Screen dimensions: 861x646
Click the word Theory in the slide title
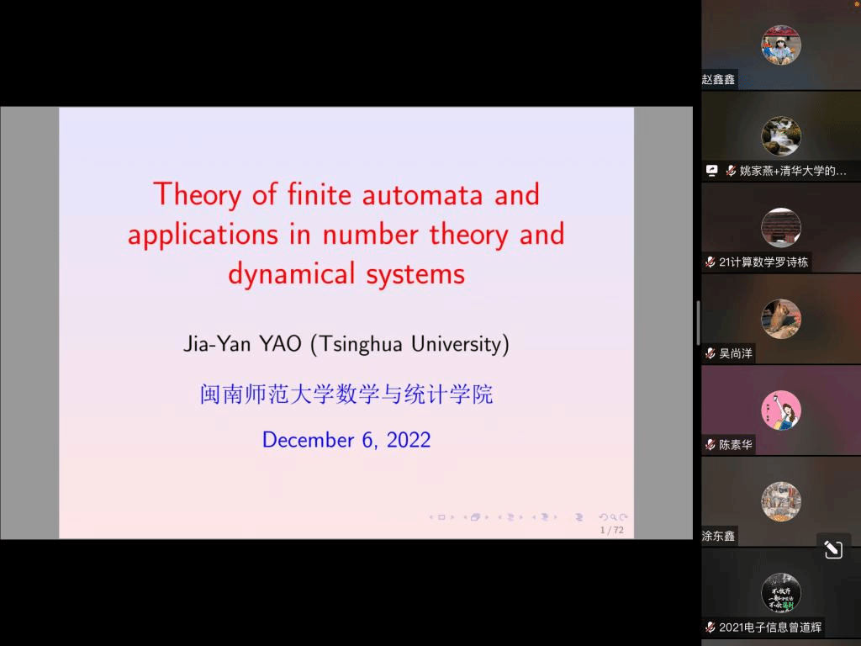pyautogui.click(x=197, y=195)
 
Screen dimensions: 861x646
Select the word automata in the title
pyautogui.click(x=422, y=195)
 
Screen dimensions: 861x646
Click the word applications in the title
pyautogui.click(x=203, y=236)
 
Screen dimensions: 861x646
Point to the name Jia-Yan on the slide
pyautogui.click(x=217, y=344)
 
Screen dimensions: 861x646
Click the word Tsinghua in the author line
pyautogui.click(x=362, y=344)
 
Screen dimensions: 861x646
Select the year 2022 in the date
pyautogui.click(x=409, y=440)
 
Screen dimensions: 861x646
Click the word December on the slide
pyautogui.click(x=308, y=440)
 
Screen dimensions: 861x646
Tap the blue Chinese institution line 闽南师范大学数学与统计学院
pyautogui.click(x=346, y=394)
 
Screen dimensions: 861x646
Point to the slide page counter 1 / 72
pyautogui.click(x=612, y=530)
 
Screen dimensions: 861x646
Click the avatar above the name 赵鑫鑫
pyautogui.click(x=781, y=45)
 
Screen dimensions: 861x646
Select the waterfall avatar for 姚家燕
pyautogui.click(x=781, y=136)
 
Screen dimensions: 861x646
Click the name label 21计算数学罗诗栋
pyautogui.click(x=763, y=262)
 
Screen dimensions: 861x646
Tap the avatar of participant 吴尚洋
pyautogui.click(x=781, y=319)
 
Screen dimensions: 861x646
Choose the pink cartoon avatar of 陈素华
pyautogui.click(x=781, y=410)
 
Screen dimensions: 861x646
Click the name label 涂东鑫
pyautogui.click(x=718, y=536)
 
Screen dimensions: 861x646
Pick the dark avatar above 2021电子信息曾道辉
pyautogui.click(x=781, y=593)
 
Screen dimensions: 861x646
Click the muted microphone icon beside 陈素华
pyautogui.click(x=710, y=444)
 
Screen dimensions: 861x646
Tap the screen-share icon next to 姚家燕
pyautogui.click(x=711, y=171)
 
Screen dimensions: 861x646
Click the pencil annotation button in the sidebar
pyautogui.click(x=833, y=548)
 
